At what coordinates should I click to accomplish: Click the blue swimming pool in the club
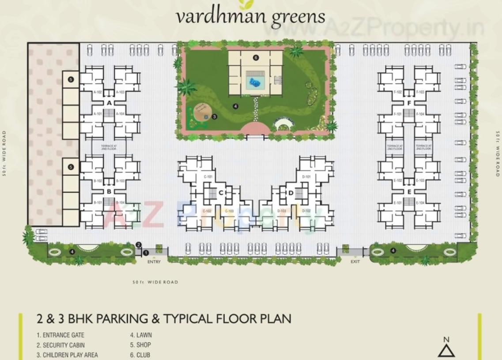coord(255,82)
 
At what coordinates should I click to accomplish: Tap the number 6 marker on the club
coord(256,57)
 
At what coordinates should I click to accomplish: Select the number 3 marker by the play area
coord(214,117)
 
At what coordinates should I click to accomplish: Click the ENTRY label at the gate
coord(154,262)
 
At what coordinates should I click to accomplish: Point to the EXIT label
coord(355,262)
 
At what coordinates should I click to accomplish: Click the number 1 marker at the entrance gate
coord(146,252)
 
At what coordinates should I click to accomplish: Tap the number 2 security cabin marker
coord(138,244)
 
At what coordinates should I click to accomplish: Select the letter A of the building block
coord(109,103)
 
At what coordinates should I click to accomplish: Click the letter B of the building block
coord(109,192)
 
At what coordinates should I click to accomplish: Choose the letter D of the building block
coord(291,193)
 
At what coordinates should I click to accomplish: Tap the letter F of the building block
coord(409,103)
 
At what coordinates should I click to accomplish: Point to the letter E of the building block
coord(409,192)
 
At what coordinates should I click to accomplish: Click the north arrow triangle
coord(446,351)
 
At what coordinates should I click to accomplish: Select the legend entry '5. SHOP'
coord(140,345)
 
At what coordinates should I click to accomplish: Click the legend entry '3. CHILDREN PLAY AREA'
coord(67,355)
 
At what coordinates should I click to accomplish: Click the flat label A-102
coord(98,92)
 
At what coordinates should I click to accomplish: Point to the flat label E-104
coord(420,203)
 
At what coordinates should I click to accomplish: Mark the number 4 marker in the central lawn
coord(235,106)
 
